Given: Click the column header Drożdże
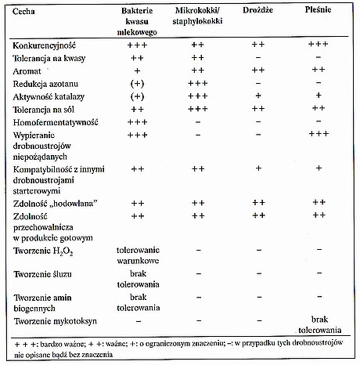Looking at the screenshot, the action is point(257,10).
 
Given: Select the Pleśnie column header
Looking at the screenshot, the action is point(318,9).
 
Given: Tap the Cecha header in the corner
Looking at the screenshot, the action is point(23,12).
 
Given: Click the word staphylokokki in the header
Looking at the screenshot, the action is point(197,21).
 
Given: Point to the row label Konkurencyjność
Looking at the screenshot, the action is point(44,45).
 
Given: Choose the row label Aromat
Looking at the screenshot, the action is point(27,71).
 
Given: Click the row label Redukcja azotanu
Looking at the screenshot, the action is point(45,84).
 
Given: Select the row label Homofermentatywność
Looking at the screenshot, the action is point(56,122).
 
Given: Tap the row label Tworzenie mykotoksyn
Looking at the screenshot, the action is point(55,321).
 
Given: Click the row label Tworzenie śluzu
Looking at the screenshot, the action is point(42,274).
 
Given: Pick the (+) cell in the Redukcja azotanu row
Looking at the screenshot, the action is point(137,84).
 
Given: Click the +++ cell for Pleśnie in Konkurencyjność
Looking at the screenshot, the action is point(318,44).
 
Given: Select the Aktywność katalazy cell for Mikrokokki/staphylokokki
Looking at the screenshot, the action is point(198,96).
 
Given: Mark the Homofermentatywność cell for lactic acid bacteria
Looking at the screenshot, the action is point(137,122).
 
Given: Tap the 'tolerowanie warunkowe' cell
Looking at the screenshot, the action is point(138,255).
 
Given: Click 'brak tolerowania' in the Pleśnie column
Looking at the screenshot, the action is point(320,325).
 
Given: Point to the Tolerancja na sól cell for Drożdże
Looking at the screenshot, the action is point(258,108).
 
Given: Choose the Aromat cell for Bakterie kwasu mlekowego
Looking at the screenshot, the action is point(137,70).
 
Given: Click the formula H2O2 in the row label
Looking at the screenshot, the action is point(63,251).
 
